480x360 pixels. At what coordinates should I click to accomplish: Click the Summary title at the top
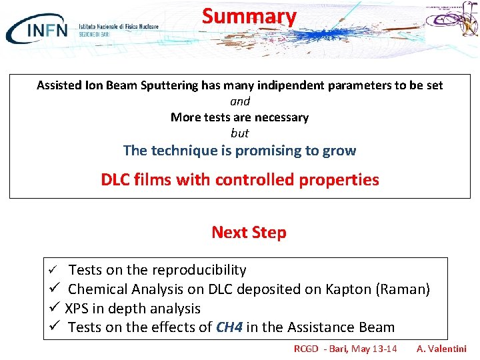249,16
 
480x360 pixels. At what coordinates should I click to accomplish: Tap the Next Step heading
249,233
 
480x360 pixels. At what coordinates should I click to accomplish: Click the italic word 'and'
240,101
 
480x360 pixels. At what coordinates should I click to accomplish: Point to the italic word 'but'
240,133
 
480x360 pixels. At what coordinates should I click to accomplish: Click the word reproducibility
199,270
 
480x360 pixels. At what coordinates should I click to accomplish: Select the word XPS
79,309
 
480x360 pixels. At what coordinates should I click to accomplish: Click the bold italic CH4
229,327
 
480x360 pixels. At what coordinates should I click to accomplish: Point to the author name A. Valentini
441,349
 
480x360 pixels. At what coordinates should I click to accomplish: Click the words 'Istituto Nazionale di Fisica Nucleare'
119,26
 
